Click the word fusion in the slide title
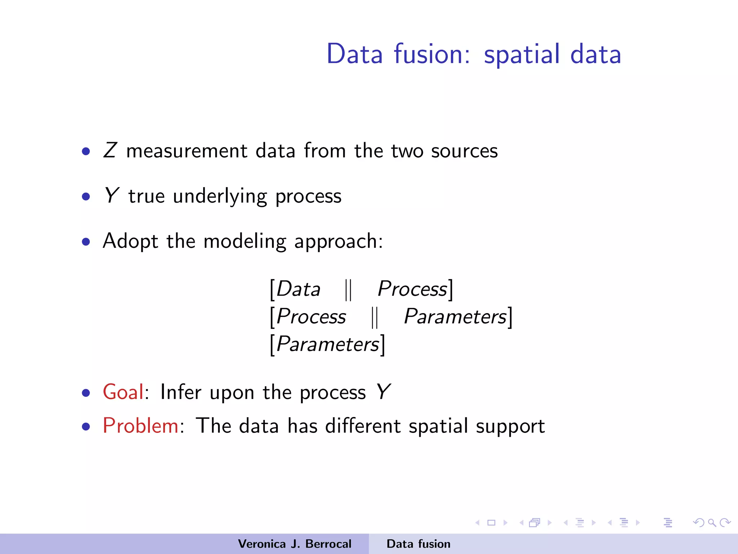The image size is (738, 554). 432,54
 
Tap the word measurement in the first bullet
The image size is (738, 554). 187,151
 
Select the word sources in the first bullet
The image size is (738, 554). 464,151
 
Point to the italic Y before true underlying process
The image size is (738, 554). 111,195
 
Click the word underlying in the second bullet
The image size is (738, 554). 220,197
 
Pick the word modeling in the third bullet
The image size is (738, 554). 245,241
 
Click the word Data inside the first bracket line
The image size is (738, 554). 298,289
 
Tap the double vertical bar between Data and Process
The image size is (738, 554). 348,290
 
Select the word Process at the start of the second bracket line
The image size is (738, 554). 311,317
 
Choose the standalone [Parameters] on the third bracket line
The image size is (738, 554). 328,344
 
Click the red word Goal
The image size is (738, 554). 123,392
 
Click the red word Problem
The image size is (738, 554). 141,426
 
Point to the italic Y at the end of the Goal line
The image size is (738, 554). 383,392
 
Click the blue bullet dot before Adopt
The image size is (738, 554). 86,242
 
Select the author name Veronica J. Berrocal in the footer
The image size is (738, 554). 294,544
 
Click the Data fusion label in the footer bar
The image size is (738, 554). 418,544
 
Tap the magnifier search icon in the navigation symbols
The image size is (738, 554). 712,523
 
